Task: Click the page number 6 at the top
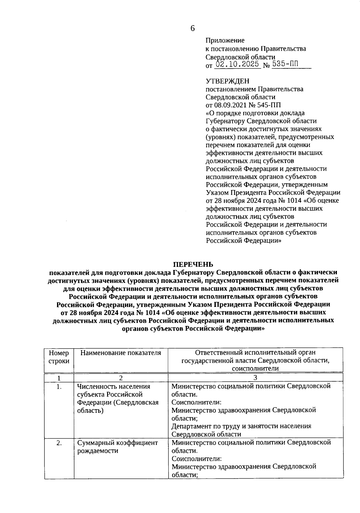coord(192,28)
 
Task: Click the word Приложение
coord(225,40)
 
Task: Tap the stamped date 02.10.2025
coord(238,64)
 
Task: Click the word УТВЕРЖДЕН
coord(227,81)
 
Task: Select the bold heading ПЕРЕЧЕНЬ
coord(193,264)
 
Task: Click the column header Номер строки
coord(59,357)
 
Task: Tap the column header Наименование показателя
coord(121,353)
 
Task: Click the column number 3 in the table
coord(255,378)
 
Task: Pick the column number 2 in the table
coord(121,378)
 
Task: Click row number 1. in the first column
coord(59,387)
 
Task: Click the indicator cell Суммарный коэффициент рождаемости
coord(117,447)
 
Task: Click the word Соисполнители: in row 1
coord(196,402)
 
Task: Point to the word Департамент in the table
coord(192,426)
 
